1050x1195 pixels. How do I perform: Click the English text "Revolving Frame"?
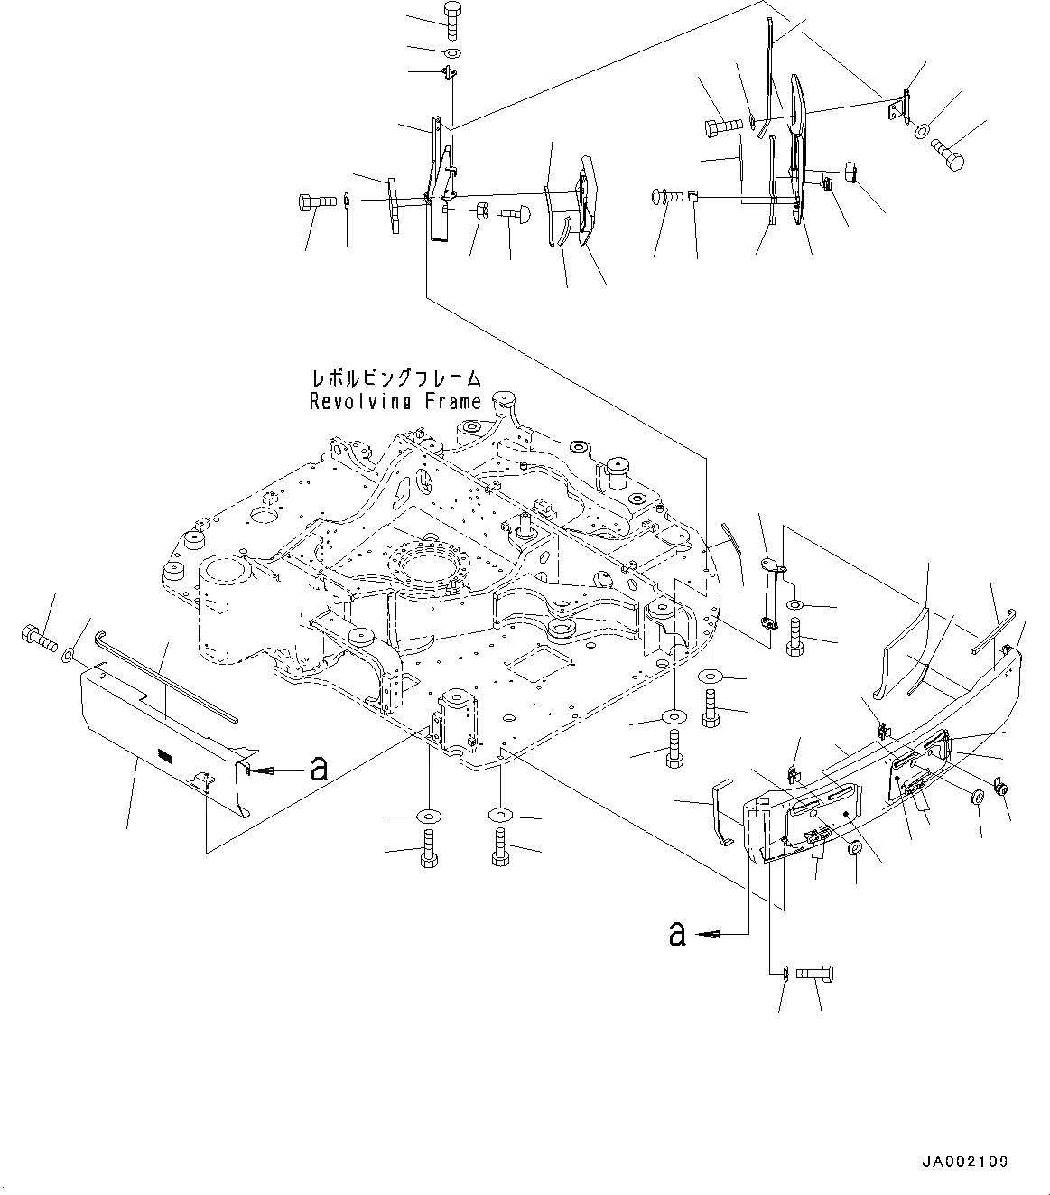tap(395, 402)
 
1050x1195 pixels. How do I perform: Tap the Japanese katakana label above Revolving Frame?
tap(395, 379)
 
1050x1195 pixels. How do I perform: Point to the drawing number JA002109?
tap(965, 1162)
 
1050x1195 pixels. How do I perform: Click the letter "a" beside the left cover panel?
tap(318, 769)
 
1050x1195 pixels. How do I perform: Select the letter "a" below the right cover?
tap(676, 933)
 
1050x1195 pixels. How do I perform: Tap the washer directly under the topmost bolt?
tap(452, 51)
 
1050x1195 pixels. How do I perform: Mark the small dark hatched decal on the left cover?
tap(163, 752)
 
